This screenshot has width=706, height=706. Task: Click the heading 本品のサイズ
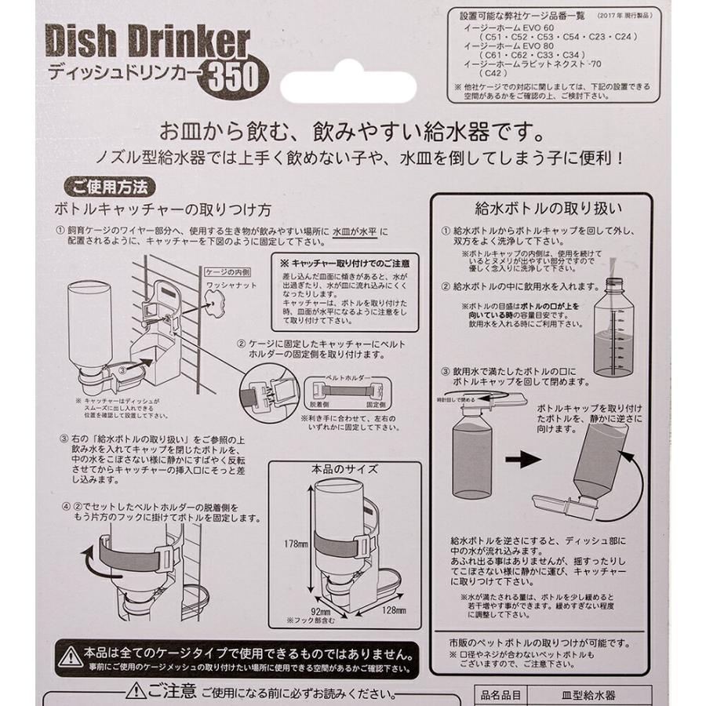tap(345, 470)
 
